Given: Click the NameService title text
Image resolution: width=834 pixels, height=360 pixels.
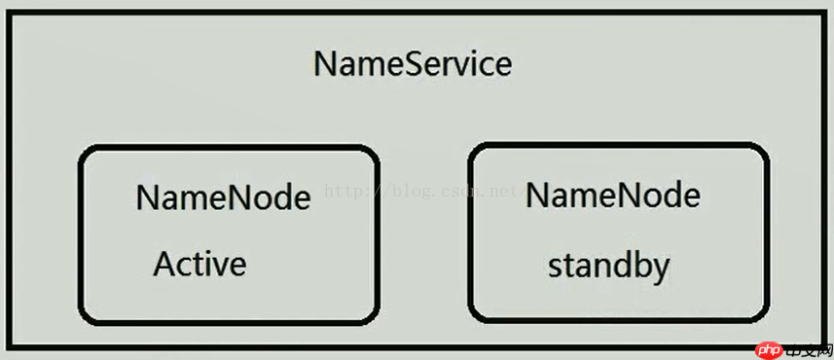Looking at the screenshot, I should (x=413, y=64).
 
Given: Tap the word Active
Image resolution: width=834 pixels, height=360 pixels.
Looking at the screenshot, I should (x=199, y=264).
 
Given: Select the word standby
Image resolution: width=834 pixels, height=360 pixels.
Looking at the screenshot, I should (x=608, y=266).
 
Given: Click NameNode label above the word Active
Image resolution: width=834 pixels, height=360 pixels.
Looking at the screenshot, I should (x=223, y=198).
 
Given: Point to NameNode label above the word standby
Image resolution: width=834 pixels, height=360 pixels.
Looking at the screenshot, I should (x=612, y=196).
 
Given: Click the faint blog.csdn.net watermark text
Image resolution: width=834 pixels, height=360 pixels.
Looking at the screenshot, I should (x=418, y=192).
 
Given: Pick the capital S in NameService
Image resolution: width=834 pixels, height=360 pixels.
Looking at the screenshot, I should (x=417, y=64).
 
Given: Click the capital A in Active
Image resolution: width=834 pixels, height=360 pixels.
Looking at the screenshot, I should (x=163, y=264).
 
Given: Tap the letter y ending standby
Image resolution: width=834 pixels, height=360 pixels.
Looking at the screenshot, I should (x=661, y=269).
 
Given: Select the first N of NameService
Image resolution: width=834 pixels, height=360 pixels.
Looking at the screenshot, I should (x=325, y=64).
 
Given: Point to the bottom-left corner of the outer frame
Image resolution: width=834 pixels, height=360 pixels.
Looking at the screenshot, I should (x=9, y=345).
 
